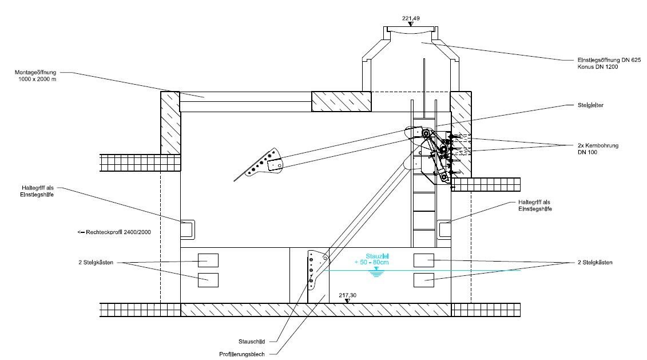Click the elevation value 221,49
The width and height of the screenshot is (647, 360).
click(411, 18)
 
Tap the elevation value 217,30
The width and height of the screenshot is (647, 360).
click(347, 295)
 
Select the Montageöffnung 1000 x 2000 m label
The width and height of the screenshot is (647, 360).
click(36, 76)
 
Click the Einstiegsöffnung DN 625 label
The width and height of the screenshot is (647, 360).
click(609, 60)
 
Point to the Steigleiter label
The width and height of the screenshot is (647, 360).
click(590, 105)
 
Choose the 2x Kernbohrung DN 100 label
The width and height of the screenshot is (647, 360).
click(598, 149)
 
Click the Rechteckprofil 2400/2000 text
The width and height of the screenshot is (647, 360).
click(114, 232)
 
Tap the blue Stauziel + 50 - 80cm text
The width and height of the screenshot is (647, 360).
click(371, 259)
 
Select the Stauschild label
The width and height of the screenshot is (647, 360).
click(252, 342)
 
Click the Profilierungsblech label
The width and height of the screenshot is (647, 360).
click(242, 354)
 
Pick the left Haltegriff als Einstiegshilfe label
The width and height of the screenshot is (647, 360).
click(37, 191)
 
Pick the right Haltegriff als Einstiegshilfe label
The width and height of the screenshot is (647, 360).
click(535, 205)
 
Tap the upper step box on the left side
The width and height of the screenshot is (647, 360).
click(208, 260)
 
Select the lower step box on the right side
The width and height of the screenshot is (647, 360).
click(424, 280)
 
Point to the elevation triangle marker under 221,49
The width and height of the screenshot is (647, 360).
click(411, 24)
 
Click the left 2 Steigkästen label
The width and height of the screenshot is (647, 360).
click(96, 262)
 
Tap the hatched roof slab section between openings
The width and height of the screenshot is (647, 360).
click(342, 101)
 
